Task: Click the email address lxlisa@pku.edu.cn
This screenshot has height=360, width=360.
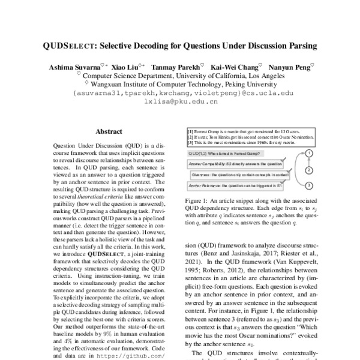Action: [x=180, y=102]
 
